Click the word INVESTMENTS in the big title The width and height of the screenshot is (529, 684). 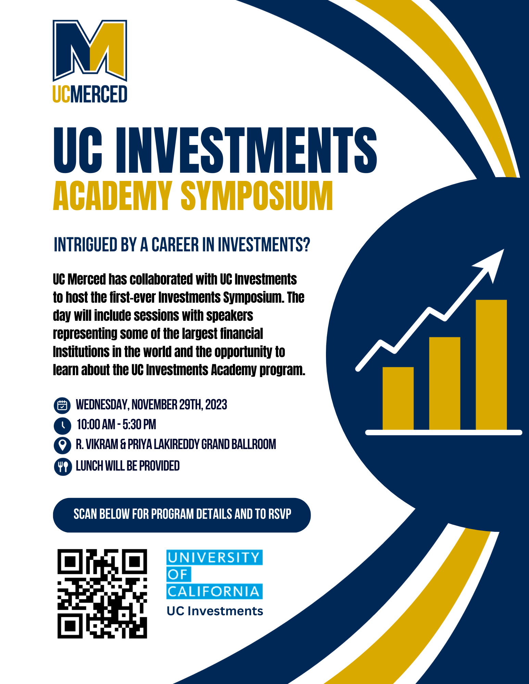pyautogui.click(x=246, y=150)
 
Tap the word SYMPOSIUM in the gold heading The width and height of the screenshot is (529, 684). pyautogui.click(x=257, y=196)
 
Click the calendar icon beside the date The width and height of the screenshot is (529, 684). pyautogui.click(x=62, y=405)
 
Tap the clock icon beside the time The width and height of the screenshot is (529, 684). pyautogui.click(x=62, y=425)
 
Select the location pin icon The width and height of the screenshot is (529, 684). pyautogui.click(x=62, y=445)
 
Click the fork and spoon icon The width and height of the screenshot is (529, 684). pyautogui.click(x=63, y=466)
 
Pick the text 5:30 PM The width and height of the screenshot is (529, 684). pyautogui.click(x=139, y=425)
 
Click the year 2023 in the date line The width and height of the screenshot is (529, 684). pyautogui.click(x=216, y=405)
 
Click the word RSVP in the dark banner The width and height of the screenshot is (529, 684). pyautogui.click(x=280, y=514)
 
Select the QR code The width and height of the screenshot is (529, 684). pyautogui.click(x=102, y=594)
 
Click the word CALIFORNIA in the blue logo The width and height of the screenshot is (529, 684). pyautogui.click(x=214, y=591)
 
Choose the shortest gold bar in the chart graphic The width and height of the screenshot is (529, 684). pyautogui.click(x=398, y=398)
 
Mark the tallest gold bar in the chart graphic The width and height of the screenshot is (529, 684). pyautogui.click(x=491, y=365)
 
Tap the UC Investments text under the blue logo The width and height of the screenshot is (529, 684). pyautogui.click(x=215, y=611)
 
